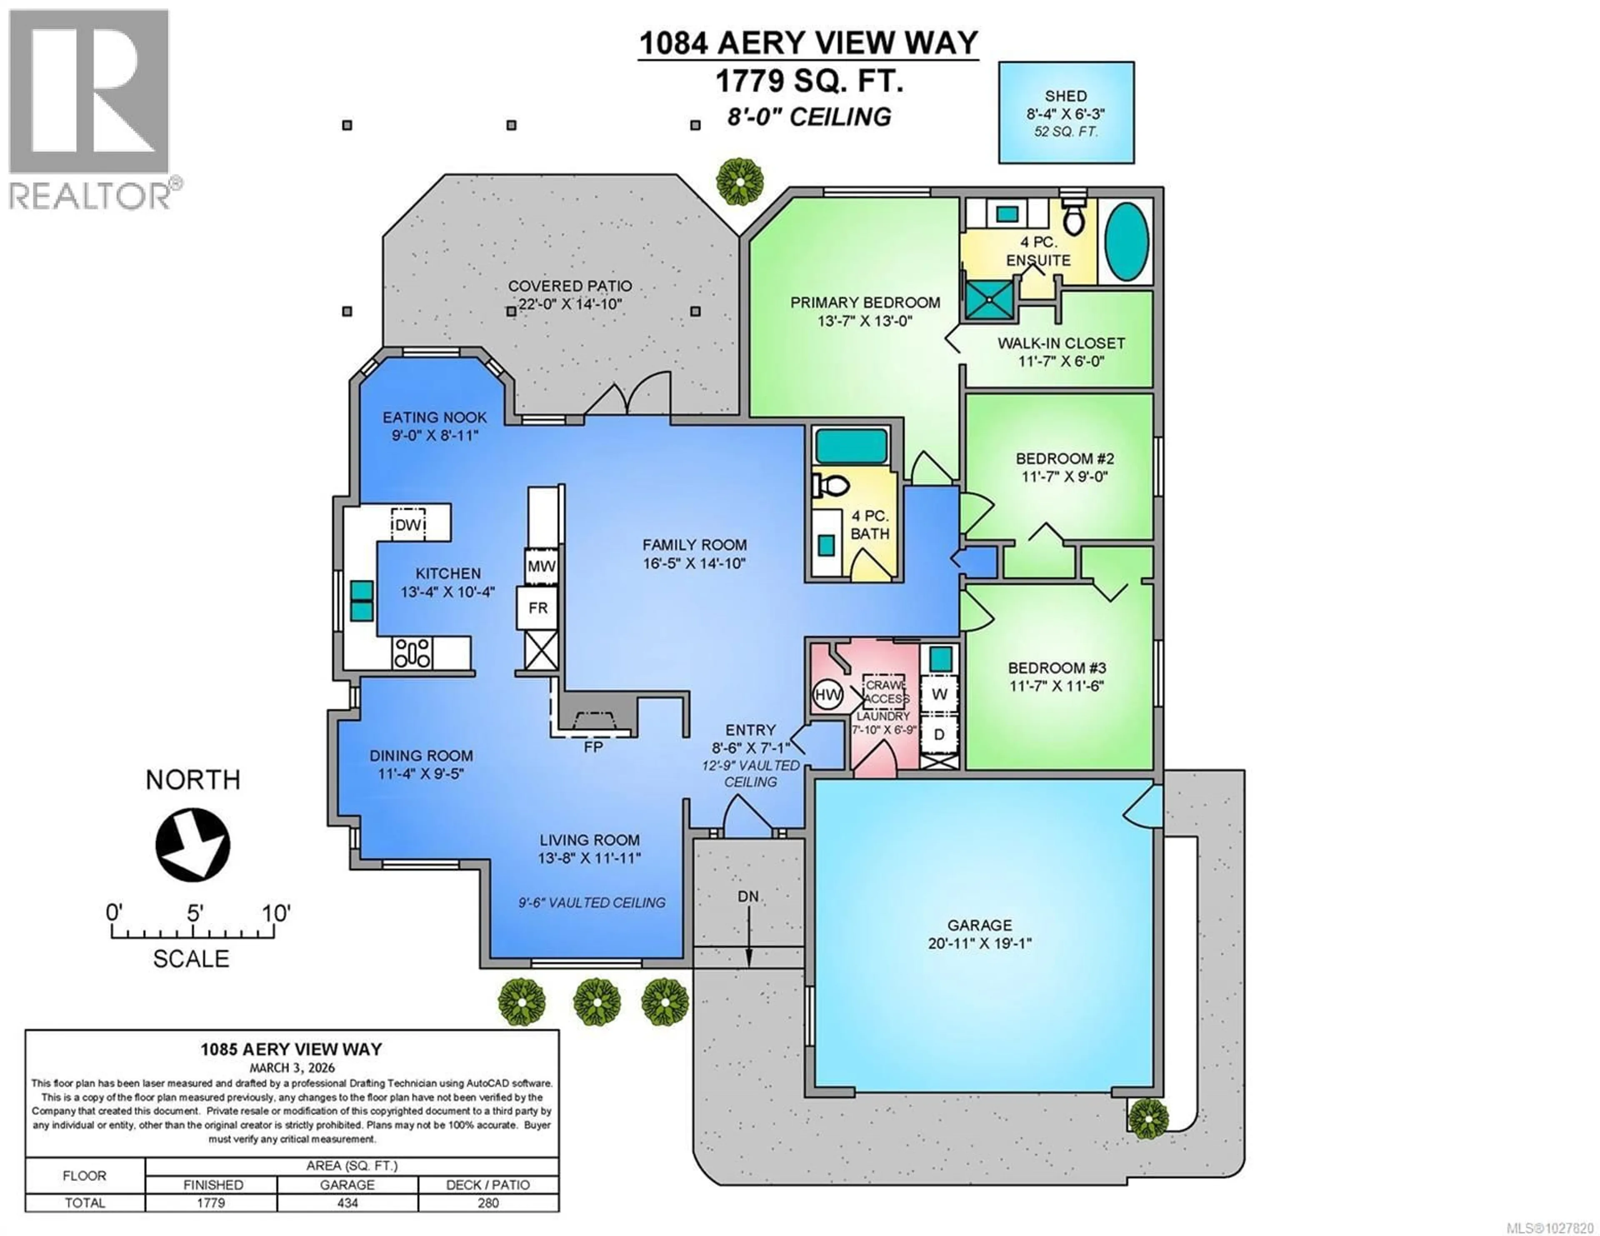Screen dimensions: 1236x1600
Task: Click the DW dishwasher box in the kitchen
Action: coord(408,524)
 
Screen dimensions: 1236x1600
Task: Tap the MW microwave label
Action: coord(541,566)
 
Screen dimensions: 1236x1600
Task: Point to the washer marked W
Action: coord(939,694)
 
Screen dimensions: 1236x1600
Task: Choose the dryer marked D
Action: coord(939,734)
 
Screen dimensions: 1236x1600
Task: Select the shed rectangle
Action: coord(1066,112)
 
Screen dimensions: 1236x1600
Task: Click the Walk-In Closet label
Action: coord(1061,343)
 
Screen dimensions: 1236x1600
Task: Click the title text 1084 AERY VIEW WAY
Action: coord(808,42)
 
